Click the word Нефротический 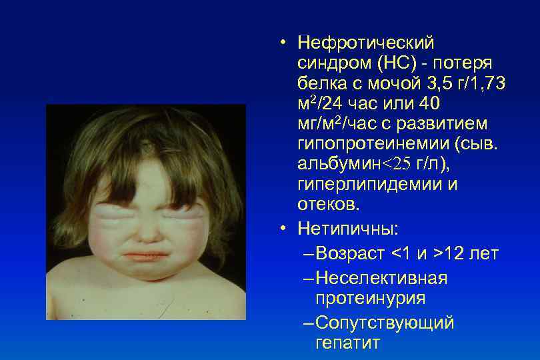(366, 43)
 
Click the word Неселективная (381, 278)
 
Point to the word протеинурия (370, 298)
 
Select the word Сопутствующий (385, 323)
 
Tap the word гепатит (347, 343)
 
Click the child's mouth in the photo (143, 255)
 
